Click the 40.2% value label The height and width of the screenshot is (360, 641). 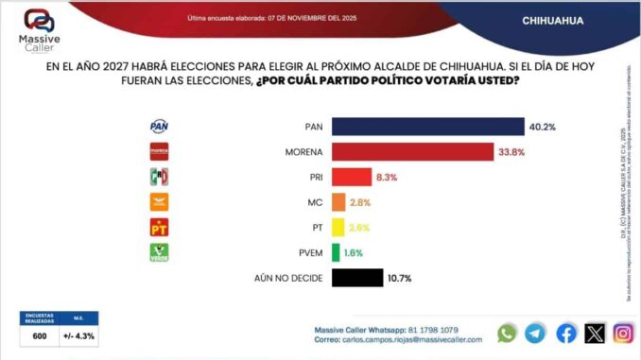coord(542,127)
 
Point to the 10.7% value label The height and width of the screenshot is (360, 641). coord(400,278)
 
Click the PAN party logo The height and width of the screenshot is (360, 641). coord(159,127)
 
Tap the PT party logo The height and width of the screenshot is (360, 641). coord(159,227)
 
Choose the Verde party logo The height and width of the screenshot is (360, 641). coord(159,252)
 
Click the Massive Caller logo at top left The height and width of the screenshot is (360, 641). coord(39,28)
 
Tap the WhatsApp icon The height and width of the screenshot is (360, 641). coord(508,333)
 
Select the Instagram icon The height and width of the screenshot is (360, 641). coord(623,333)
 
